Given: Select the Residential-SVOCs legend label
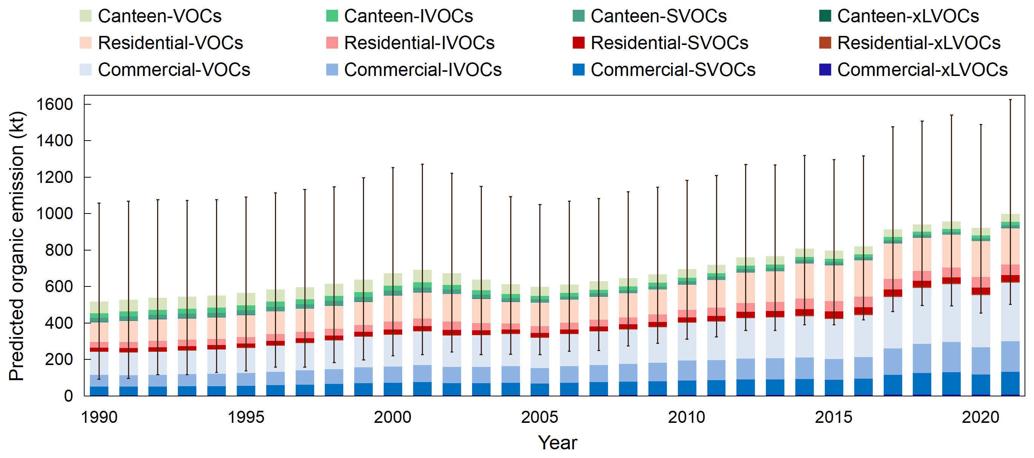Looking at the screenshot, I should click(x=669, y=43).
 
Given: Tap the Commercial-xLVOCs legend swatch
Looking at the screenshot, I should click(x=825, y=70).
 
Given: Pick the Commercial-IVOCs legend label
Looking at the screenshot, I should click(x=423, y=70).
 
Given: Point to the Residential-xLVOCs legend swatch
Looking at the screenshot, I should click(x=825, y=43).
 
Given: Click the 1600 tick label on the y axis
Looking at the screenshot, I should click(x=55, y=104).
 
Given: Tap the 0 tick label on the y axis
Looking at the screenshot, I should click(x=68, y=396).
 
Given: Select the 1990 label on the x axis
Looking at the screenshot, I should click(x=99, y=418).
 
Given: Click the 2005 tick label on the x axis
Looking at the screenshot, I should click(x=540, y=418).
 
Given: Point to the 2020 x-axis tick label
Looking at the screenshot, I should click(x=980, y=418).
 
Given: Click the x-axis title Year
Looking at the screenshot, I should click(x=557, y=443).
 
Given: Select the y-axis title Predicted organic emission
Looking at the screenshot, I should click(x=17, y=246).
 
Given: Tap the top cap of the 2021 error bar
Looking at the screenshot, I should click(x=1010, y=99).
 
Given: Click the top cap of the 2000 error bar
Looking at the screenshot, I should click(x=393, y=167).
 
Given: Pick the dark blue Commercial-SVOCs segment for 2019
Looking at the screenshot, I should click(x=951, y=384).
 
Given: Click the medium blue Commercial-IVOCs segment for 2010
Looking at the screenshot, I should click(x=687, y=370).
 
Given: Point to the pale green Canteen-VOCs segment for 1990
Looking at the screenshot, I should click(x=99, y=307).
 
